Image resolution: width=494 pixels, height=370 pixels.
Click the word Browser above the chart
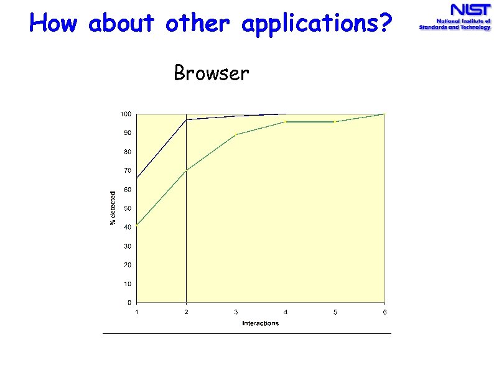[x=212, y=73]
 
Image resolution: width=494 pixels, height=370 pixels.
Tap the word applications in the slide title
[x=317, y=24]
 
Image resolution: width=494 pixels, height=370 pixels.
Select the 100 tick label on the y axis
[x=126, y=114]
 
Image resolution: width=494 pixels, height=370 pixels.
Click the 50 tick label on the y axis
[x=127, y=208]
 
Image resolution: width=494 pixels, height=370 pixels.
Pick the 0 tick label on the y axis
[x=129, y=303]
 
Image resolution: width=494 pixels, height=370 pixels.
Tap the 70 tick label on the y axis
[x=127, y=170]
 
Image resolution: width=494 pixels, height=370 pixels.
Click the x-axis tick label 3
[x=236, y=312]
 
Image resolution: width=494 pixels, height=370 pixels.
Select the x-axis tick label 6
[x=384, y=312]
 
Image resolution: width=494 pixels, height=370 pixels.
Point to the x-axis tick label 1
[x=137, y=312]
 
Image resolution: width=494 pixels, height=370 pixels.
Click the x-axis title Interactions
[x=260, y=323]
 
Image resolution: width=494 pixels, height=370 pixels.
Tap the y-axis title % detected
[x=113, y=208]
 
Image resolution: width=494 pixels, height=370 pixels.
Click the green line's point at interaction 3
[x=236, y=134]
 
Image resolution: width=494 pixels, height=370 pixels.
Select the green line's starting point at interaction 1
[x=137, y=224]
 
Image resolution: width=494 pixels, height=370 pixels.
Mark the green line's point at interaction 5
[x=335, y=122]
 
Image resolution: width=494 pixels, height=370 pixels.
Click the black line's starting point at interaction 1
[x=137, y=178]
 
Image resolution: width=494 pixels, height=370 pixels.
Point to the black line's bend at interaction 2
[x=186, y=119]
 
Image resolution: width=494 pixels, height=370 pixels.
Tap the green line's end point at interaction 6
[x=384, y=114]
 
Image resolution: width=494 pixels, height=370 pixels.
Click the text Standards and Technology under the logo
[x=455, y=28]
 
